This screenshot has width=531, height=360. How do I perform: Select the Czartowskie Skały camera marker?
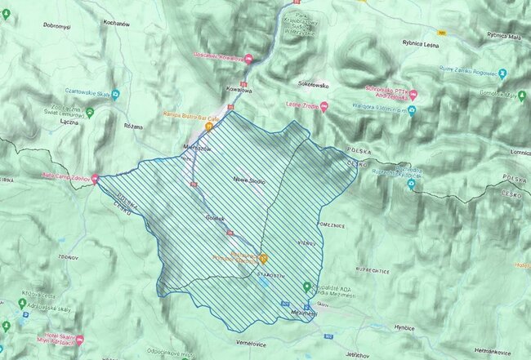click(116, 93)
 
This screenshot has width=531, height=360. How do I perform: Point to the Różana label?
click(132, 127)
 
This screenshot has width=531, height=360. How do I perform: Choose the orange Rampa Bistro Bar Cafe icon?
click(209, 127)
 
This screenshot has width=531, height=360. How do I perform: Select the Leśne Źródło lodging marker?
click(325, 105)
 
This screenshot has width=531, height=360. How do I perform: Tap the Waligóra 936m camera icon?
click(413, 109)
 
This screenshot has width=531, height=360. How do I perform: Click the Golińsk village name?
click(215, 216)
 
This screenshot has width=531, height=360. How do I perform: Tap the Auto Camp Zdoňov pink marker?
click(96, 177)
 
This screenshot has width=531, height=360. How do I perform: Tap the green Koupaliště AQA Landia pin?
click(306, 287)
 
